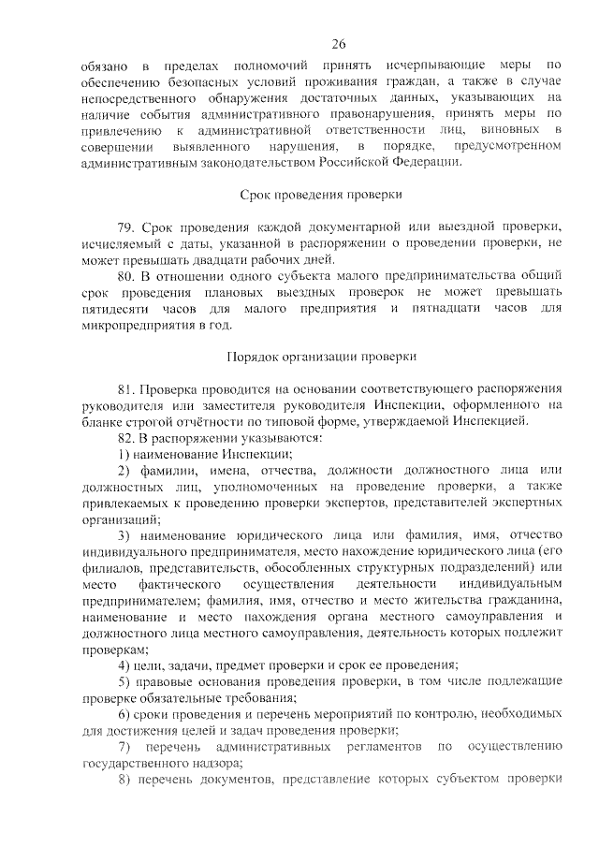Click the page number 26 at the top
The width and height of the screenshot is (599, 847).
(x=338, y=43)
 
